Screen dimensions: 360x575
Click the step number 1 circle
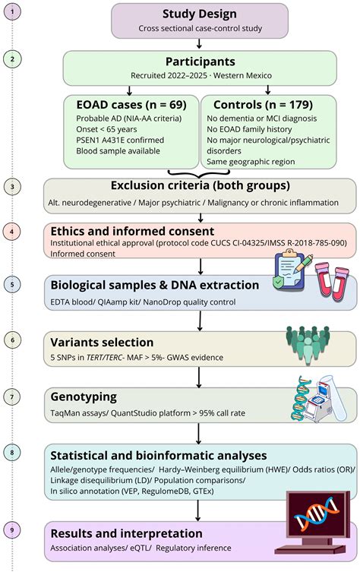(x=12, y=11)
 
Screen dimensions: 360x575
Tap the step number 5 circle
(x=12, y=285)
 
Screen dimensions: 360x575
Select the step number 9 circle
(x=12, y=530)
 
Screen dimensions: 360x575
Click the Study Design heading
(x=200, y=14)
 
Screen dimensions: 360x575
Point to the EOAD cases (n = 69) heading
(x=131, y=105)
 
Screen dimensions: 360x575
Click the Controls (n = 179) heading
(x=263, y=105)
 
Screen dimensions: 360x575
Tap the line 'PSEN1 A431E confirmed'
(x=120, y=140)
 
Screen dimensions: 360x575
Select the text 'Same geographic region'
(x=251, y=162)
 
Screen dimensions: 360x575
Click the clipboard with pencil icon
(x=292, y=270)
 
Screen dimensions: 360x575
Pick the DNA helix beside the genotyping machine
(x=301, y=399)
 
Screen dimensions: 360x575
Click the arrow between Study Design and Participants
(x=199, y=43)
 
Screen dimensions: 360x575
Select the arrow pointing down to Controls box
(x=268, y=90)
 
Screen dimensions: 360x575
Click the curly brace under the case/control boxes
(x=199, y=174)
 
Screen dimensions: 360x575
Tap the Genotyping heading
(x=84, y=397)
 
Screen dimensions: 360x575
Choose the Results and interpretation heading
(x=127, y=533)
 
